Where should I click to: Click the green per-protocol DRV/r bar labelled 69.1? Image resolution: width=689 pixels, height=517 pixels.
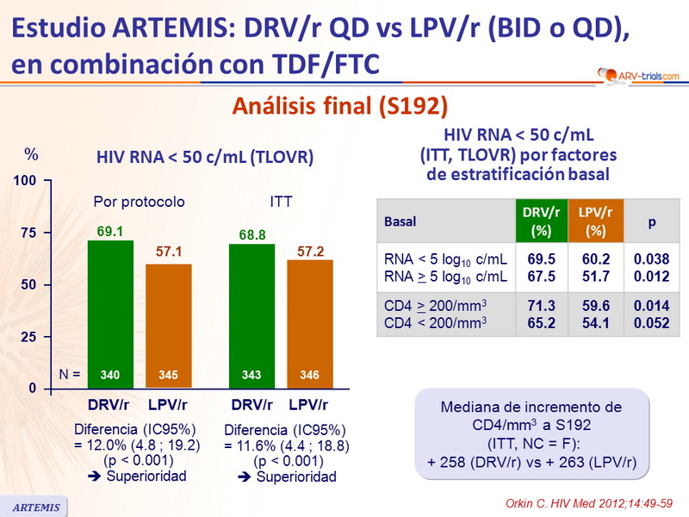coord(110,310)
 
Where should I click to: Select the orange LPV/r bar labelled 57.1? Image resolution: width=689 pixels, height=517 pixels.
coord(169,319)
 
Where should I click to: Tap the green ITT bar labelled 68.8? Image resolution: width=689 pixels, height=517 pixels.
coord(251,310)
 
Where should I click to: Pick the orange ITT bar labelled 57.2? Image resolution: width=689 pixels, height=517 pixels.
coord(309,319)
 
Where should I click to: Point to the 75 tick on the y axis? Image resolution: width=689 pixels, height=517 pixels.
coord(30,234)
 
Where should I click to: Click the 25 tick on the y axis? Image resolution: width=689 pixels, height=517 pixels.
coord(30,337)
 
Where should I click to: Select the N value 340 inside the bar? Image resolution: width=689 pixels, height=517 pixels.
coord(110,376)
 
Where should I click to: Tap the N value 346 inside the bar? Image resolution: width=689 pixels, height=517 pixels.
coord(309,376)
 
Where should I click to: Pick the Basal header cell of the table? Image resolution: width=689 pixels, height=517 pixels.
coord(400,221)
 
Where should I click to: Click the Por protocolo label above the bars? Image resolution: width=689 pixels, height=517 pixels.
coord(139,202)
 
